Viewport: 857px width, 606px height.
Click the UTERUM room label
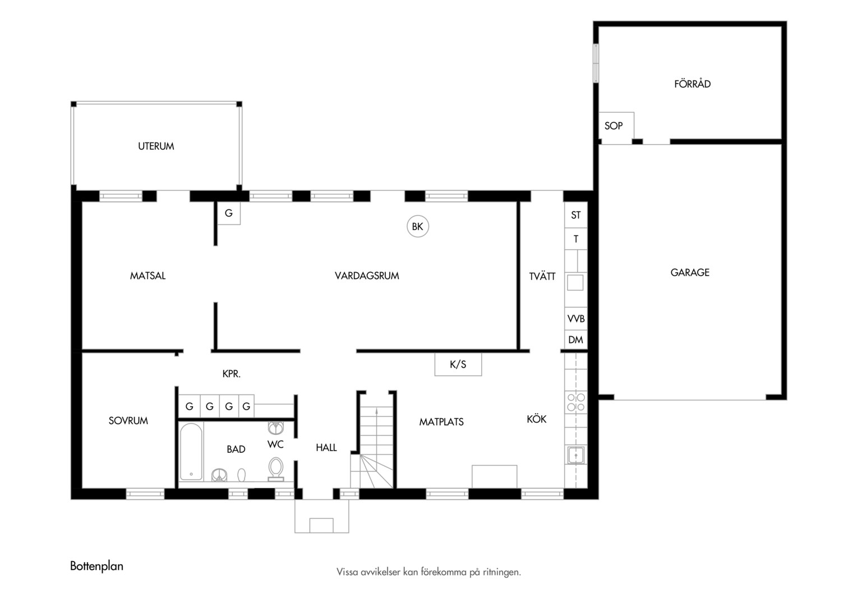[x=156, y=146]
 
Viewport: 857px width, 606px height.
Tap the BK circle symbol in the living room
[x=417, y=226]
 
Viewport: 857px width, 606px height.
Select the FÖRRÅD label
[x=692, y=84]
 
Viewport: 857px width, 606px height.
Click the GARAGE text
[x=690, y=273]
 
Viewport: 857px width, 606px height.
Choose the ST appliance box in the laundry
[x=576, y=215]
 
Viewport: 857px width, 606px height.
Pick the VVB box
[x=576, y=319]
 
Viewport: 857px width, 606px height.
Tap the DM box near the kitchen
[x=576, y=339]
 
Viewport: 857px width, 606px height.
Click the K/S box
[x=458, y=364]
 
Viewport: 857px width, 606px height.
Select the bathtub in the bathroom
[x=191, y=451]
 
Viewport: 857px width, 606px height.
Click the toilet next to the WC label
[x=275, y=469]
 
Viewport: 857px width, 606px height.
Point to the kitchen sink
[x=576, y=455]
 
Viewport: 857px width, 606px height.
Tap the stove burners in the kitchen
[x=576, y=402]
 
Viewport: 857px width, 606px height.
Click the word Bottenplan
[x=97, y=566]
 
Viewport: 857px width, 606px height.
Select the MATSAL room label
[x=148, y=276]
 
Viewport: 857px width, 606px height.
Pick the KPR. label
[x=232, y=374]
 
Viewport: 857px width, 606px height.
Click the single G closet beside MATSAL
[x=229, y=213]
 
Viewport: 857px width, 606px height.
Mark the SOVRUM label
[x=128, y=421]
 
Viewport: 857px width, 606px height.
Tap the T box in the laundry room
[x=576, y=239]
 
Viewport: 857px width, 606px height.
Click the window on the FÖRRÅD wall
[x=596, y=63]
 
